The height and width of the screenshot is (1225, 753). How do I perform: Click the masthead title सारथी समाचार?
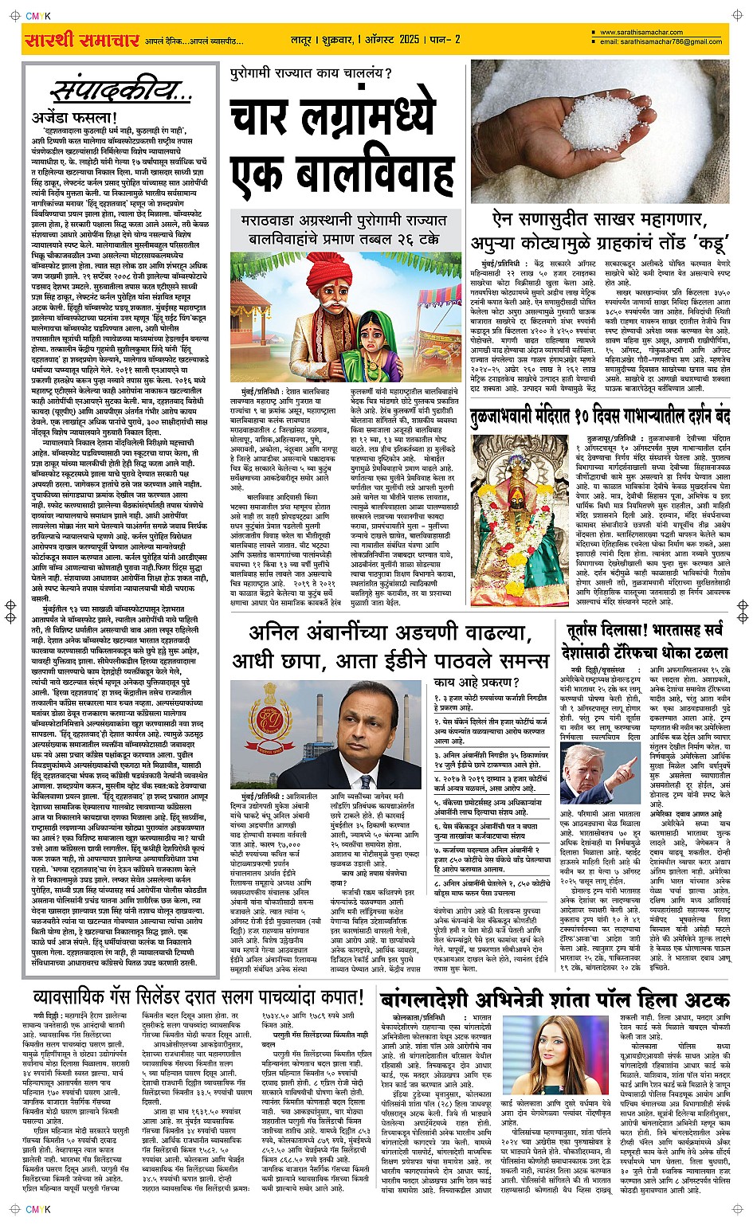click(x=81, y=40)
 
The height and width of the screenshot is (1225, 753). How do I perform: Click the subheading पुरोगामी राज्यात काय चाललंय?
click(x=311, y=75)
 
